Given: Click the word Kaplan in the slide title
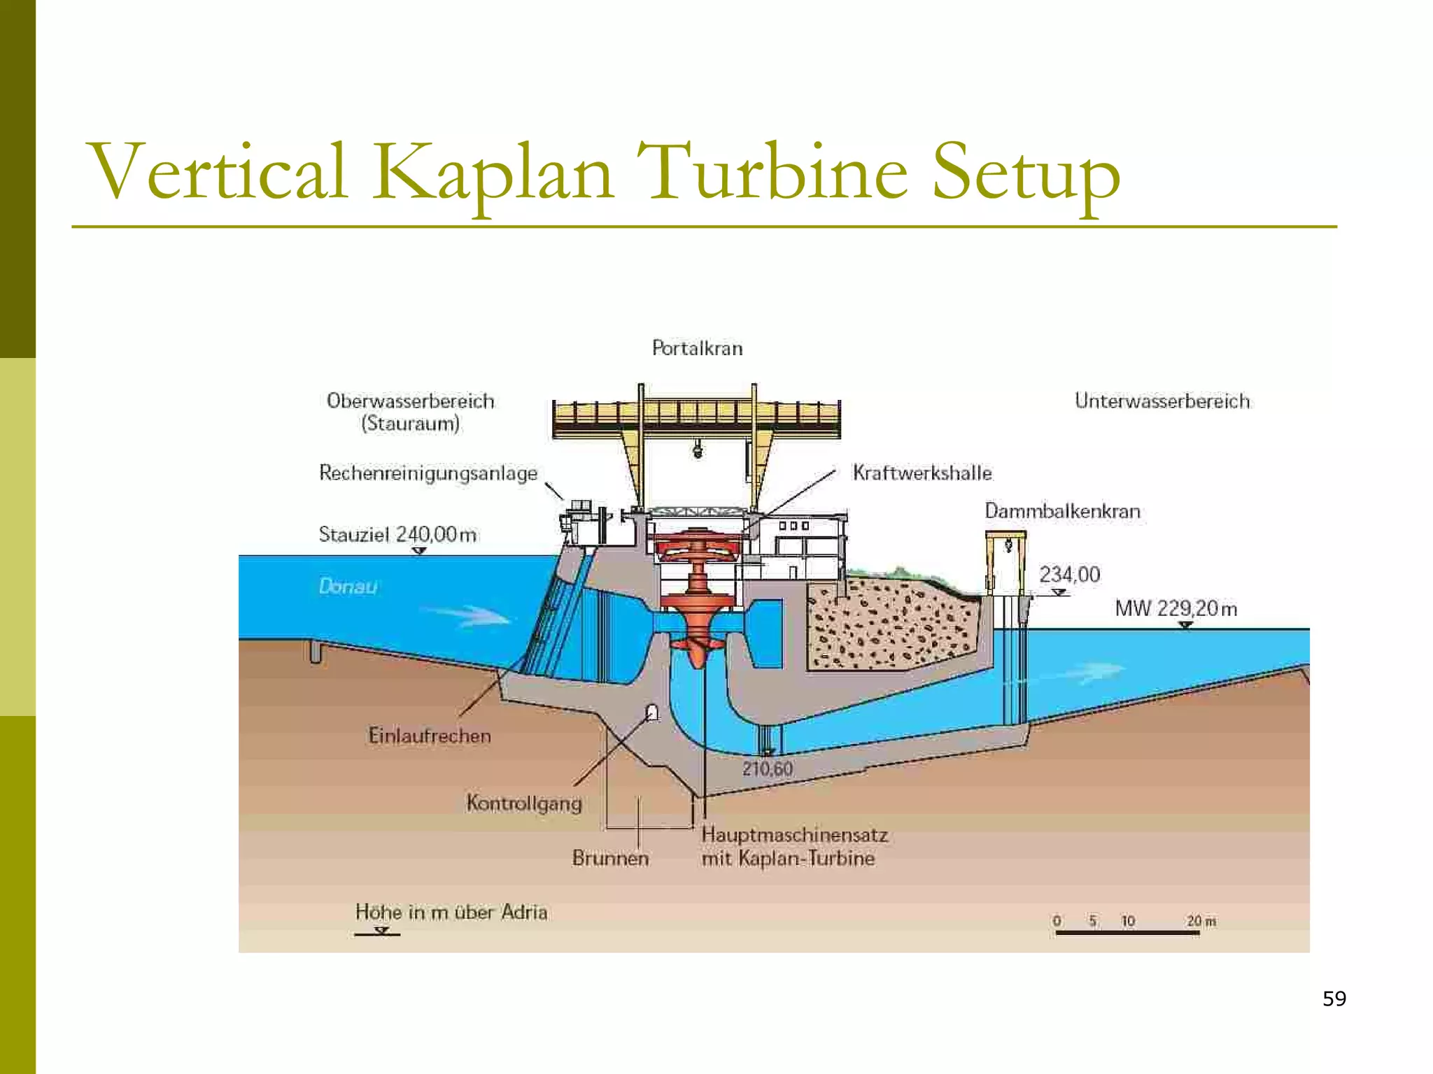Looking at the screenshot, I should pyautogui.click(x=492, y=172).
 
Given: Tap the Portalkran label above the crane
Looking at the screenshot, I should pyautogui.click(x=697, y=348).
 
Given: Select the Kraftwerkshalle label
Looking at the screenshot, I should pyautogui.click(x=922, y=473).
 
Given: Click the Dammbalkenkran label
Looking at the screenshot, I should pyautogui.click(x=1062, y=511).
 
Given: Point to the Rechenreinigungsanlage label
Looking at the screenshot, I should pyautogui.click(x=428, y=473).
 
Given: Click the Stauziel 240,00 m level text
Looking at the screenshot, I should pyautogui.click(x=397, y=535).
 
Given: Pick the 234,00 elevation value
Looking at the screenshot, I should pyautogui.click(x=1069, y=575).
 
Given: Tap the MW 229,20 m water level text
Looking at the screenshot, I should pyautogui.click(x=1176, y=608).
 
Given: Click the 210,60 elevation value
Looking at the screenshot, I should pyautogui.click(x=768, y=769).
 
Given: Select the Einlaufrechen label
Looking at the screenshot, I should pyautogui.click(x=430, y=736).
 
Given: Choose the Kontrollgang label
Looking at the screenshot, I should pyautogui.click(x=524, y=803).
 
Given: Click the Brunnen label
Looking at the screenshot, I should pyautogui.click(x=610, y=858).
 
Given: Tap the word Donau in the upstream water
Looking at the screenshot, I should pyautogui.click(x=348, y=586).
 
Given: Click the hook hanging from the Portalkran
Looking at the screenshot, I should pyautogui.click(x=698, y=449).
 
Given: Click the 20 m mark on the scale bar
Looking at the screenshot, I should pyautogui.click(x=1201, y=921).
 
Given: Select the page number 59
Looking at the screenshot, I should pyautogui.click(x=1334, y=998).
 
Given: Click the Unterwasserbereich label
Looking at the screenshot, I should pyautogui.click(x=1162, y=401).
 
